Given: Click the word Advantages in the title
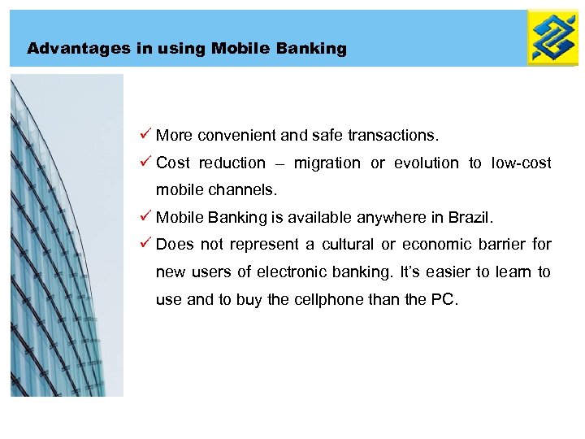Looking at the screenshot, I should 66,49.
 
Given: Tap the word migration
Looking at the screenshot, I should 327,163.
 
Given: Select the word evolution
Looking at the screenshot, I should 427,163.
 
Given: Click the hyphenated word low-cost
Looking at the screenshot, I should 521,163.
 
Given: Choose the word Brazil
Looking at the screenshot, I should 469,218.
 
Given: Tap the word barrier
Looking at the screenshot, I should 501,245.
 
